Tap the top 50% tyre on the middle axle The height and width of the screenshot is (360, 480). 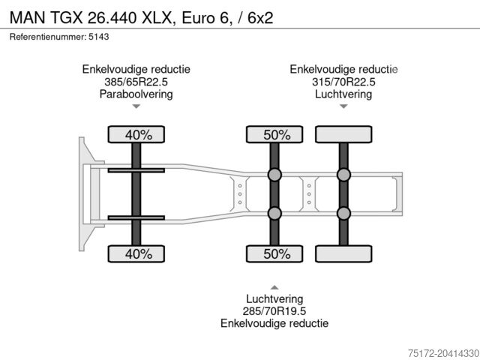[275, 135]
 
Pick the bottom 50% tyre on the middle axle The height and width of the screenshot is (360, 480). [275, 254]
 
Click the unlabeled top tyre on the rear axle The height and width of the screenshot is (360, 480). [343, 135]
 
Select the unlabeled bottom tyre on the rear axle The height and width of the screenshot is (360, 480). [343, 254]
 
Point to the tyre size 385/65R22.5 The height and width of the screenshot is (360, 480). [136, 82]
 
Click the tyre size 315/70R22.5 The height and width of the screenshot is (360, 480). [343, 82]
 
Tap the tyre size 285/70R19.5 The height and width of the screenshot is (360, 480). [274, 310]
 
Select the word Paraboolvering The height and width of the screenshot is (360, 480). [136, 94]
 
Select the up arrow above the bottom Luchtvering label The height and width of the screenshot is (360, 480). [274, 286]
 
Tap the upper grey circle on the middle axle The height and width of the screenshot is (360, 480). [275, 175]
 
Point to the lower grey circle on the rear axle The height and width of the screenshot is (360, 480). [343, 214]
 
